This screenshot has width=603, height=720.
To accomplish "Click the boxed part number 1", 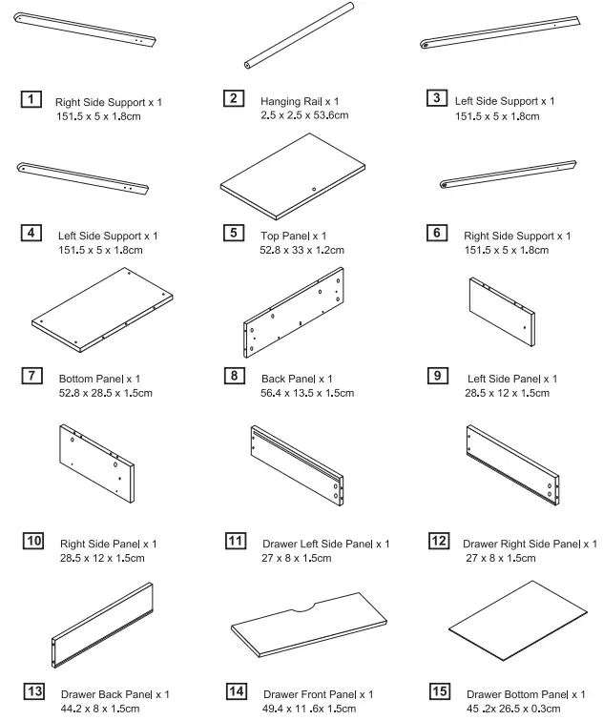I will [x=31, y=99].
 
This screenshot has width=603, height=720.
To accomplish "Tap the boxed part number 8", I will [x=234, y=378].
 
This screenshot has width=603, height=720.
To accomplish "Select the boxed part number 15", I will [x=440, y=692].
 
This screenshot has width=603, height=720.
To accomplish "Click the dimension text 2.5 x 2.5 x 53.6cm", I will [x=303, y=115].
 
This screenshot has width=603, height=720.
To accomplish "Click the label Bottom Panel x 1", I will [x=100, y=379].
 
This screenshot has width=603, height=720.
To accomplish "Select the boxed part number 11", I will [x=234, y=542].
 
